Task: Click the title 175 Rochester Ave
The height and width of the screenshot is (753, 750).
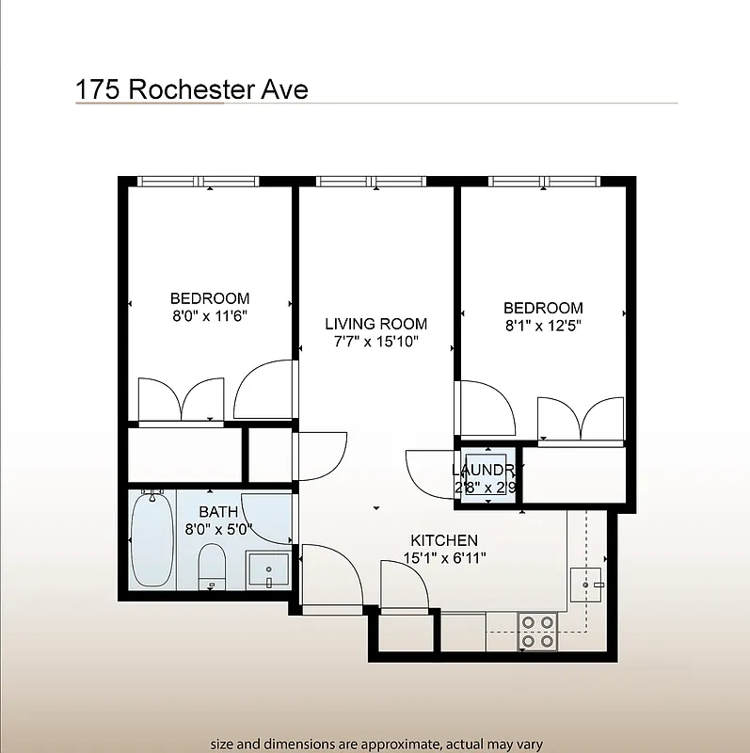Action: [192, 89]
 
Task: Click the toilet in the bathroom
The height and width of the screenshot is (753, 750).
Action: [213, 566]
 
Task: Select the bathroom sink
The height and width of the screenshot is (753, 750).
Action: [268, 570]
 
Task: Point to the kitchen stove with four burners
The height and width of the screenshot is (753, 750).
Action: [538, 632]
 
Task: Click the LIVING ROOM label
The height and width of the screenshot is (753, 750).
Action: [375, 324]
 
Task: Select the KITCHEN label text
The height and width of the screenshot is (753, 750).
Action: [444, 540]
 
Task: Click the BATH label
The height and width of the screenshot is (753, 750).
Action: [217, 512]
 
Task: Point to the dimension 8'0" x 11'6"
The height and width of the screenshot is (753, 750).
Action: [209, 316]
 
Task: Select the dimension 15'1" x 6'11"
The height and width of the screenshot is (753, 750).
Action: [444, 557]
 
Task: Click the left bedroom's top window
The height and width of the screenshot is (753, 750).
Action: [198, 181]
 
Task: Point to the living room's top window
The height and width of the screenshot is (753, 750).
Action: [371, 181]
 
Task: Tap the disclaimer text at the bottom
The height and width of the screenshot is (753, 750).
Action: [375, 744]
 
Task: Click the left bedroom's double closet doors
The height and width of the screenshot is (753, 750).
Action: [182, 400]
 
